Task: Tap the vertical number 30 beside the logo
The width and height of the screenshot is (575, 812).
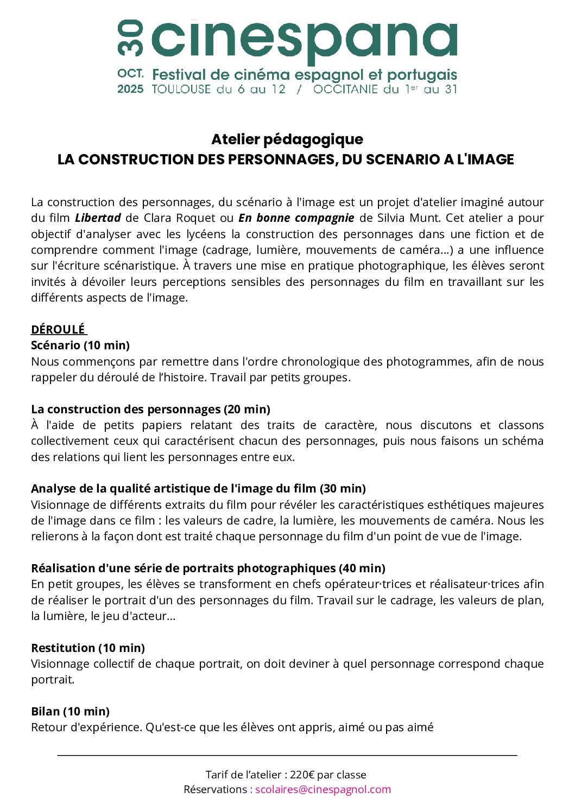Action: pyautogui.click(x=130, y=38)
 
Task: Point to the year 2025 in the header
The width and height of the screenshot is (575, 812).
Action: pyautogui.click(x=130, y=89)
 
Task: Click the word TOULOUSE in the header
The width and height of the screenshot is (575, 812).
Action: pyautogui.click(x=181, y=89)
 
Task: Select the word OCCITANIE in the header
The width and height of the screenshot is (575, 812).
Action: pyautogui.click(x=345, y=89)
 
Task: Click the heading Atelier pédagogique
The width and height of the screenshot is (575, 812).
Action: pyautogui.click(x=287, y=139)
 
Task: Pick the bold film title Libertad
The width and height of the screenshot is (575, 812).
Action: pyautogui.click(x=98, y=218)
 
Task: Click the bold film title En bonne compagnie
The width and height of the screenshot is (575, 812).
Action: pyautogui.click(x=296, y=218)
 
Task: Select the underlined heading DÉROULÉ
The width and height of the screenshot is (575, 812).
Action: pyautogui.click(x=58, y=329)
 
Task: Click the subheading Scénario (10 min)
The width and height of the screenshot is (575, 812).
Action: pyautogui.click(x=80, y=346)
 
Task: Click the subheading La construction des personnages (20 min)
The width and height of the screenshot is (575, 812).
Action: pyautogui.click(x=150, y=409)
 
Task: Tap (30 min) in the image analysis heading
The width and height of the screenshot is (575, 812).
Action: pyautogui.click(x=343, y=489)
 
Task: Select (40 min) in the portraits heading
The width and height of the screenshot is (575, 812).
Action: pyautogui.click(x=362, y=568)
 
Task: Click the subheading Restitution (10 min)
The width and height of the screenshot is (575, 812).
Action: pyautogui.click(x=88, y=648)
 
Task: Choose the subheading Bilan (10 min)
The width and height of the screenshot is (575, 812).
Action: pyautogui.click(x=70, y=711)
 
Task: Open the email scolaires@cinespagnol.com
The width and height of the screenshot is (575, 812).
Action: pyautogui.click(x=323, y=789)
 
